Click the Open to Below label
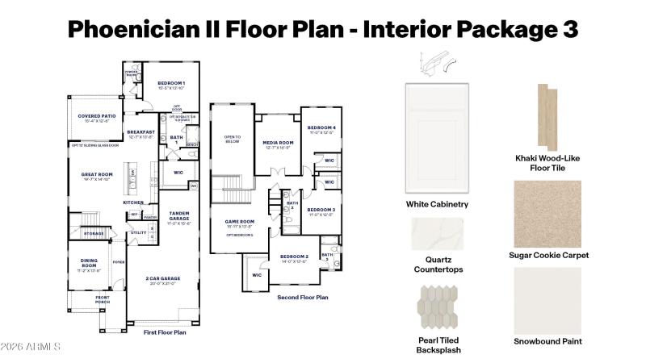click(232, 139)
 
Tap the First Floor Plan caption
click(165, 332)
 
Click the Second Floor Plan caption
click(302, 297)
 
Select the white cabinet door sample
click(437, 136)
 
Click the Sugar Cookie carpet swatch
click(548, 214)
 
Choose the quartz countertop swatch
click(438, 234)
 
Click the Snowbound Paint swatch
click(548, 300)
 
